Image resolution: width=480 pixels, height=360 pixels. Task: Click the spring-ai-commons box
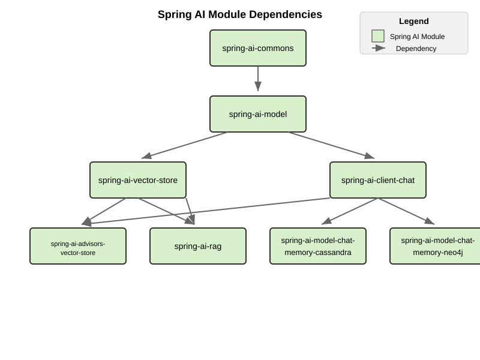click(258, 48)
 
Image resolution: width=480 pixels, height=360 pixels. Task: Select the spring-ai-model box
click(258, 114)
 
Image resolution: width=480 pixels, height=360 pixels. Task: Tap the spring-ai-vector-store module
click(138, 180)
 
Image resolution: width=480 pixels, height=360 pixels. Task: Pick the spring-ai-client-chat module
click(378, 180)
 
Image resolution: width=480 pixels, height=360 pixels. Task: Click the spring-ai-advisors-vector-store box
click(78, 246)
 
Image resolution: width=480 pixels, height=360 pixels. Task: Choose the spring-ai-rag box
click(198, 246)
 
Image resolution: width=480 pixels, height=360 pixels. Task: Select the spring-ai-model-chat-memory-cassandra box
click(318, 246)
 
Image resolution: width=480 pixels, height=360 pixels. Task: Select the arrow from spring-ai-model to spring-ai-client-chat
click(331, 145)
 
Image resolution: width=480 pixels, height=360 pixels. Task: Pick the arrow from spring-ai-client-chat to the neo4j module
click(406, 211)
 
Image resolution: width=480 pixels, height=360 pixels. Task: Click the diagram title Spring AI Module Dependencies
click(240, 14)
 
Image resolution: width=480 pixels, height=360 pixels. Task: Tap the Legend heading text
click(414, 21)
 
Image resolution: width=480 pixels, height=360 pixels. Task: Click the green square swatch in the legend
click(378, 36)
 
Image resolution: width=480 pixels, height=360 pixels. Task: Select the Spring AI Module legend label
click(417, 37)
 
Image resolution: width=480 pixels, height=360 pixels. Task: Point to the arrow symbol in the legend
click(379, 48)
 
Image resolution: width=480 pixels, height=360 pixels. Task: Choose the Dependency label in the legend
click(416, 49)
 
